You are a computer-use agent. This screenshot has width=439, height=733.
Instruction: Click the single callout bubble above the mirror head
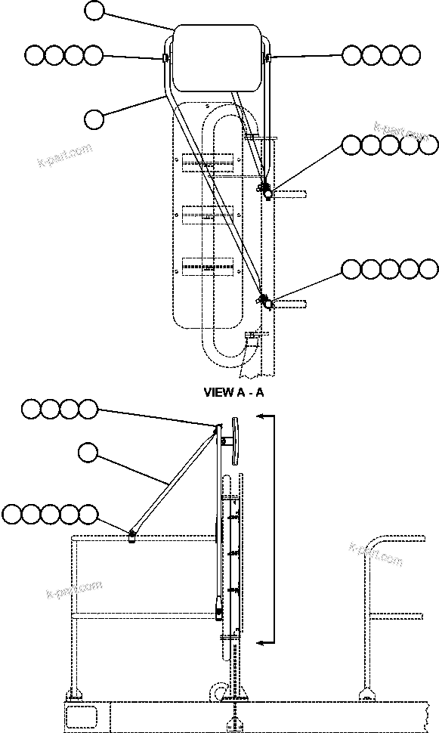(x=94, y=11)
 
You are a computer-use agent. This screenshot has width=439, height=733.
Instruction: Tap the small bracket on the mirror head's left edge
(x=165, y=57)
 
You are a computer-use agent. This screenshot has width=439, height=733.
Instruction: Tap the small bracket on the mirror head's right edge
(x=268, y=57)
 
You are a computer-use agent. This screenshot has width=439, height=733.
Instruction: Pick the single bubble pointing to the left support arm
(x=94, y=119)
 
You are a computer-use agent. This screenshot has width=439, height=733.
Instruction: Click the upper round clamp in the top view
(x=267, y=191)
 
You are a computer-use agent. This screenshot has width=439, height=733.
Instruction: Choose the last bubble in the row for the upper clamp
(x=428, y=145)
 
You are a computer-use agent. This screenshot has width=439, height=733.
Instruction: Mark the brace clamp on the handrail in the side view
(x=131, y=535)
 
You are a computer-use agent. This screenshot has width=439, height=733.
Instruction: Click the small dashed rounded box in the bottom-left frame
(x=80, y=714)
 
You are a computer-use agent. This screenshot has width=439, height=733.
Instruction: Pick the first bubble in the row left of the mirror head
(x=35, y=55)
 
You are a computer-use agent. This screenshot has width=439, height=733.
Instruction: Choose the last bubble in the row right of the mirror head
(x=410, y=55)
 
